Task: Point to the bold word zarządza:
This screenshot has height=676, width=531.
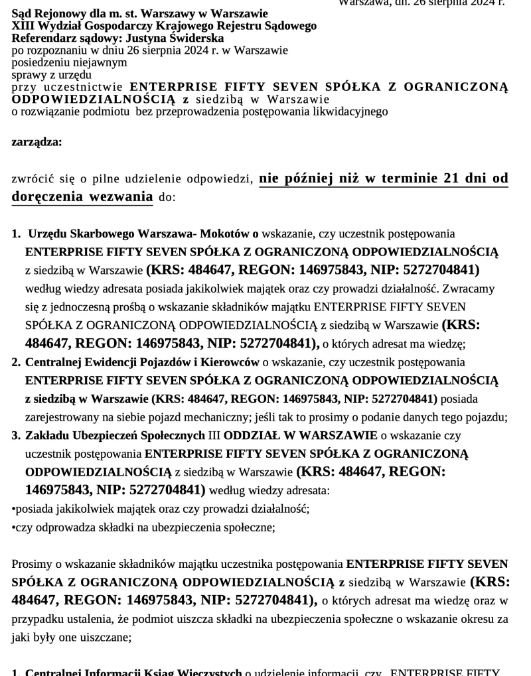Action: coord(37,142)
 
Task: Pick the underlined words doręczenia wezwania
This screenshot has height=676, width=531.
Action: coord(82,197)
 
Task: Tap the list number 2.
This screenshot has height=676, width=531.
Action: coord(16,363)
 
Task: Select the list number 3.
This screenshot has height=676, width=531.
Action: coord(16,436)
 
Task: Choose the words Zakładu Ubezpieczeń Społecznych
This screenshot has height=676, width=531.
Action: coord(115,436)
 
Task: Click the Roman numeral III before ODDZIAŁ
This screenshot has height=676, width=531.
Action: coord(214,436)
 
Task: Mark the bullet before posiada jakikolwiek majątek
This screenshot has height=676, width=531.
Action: coord(14,509)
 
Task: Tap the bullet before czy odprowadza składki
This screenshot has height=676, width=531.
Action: coord(14,528)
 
